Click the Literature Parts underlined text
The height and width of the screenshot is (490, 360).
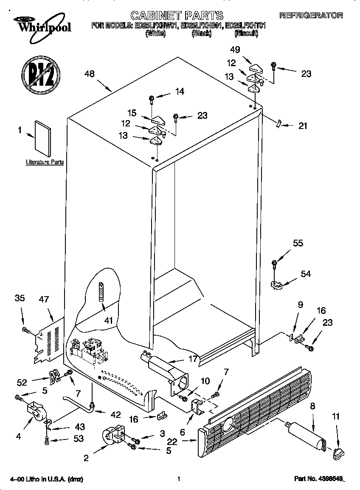(45, 162)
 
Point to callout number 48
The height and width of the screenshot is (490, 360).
(89, 74)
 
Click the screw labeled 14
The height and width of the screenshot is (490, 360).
(152, 100)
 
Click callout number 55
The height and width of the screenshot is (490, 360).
(298, 243)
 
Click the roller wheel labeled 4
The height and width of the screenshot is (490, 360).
(36, 411)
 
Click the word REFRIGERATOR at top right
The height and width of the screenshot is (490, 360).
(311, 15)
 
